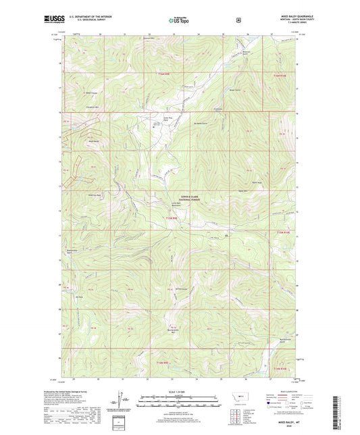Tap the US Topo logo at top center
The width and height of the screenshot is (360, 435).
pos(180,21)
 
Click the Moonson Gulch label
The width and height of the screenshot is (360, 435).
pos(247,53)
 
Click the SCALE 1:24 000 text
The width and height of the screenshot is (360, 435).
pos(180,392)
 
